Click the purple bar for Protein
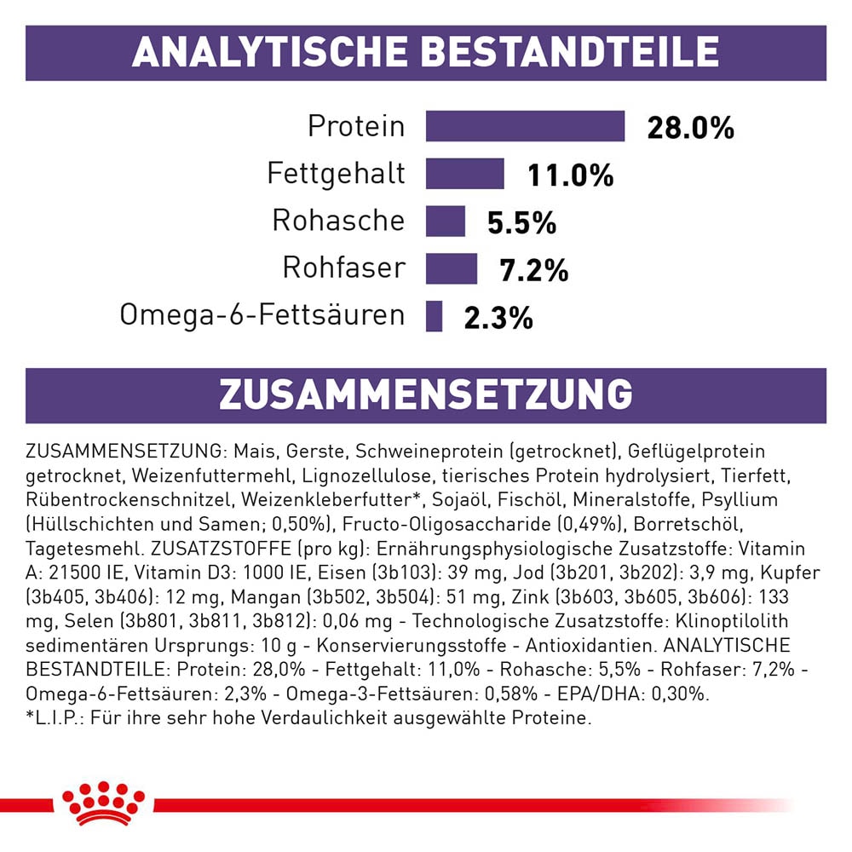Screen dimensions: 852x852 click(525, 126)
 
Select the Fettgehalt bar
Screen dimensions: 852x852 click(465, 174)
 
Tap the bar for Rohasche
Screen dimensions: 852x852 click(446, 221)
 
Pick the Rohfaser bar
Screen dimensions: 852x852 click(451, 268)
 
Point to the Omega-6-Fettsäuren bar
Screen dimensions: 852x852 click(435, 316)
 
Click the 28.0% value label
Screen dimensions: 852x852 click(690, 128)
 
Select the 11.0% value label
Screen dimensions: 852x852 click(570, 176)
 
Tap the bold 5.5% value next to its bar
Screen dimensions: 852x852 click(521, 223)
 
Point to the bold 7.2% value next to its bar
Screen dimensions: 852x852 click(533, 271)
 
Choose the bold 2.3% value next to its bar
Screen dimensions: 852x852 click(498, 319)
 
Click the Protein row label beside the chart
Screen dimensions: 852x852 click(356, 126)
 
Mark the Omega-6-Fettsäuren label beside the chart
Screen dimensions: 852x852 click(262, 315)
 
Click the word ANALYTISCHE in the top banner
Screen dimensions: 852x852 click(269, 52)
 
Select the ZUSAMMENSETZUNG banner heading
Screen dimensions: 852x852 click(425, 395)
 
